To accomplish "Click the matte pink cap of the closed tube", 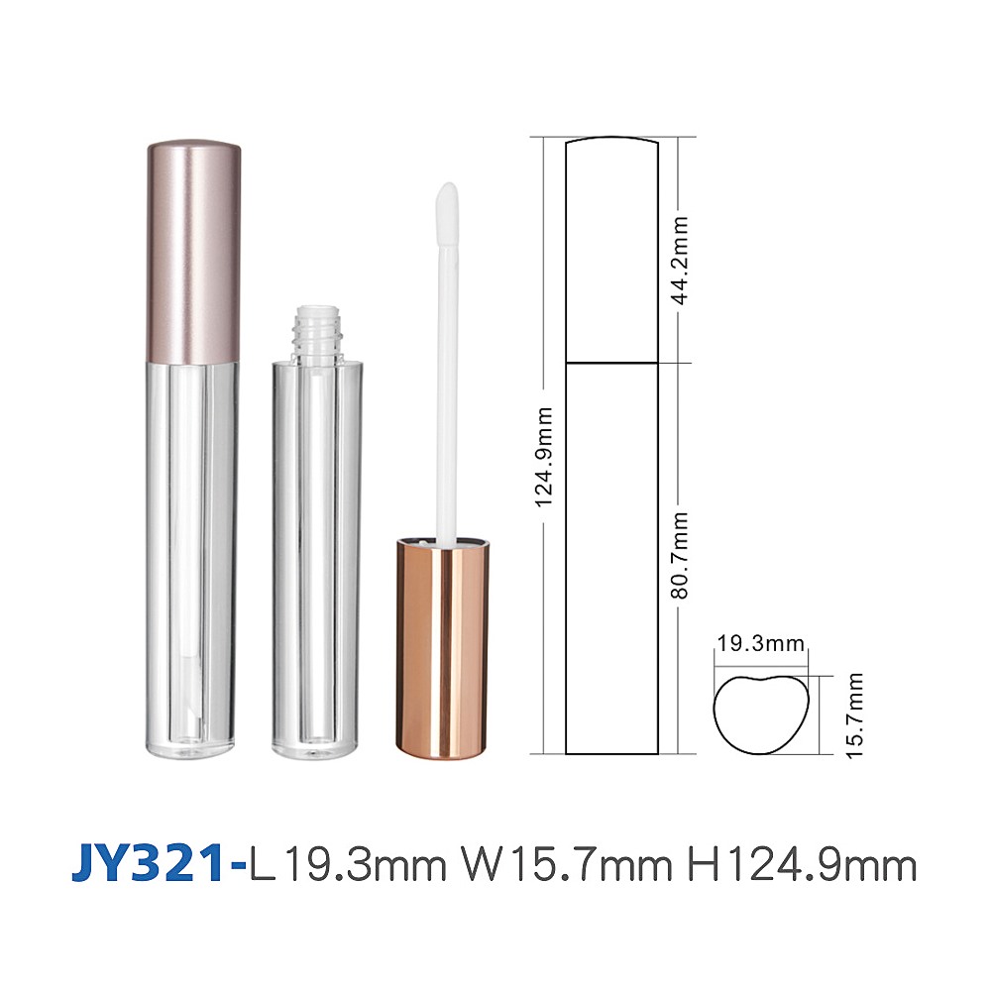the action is pos(194,253).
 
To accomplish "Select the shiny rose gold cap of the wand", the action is pos(442,648).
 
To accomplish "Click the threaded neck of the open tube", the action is pos(316,332).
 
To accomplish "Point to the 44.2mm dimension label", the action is pos(680,261).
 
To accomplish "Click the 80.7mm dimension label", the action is pos(680,556).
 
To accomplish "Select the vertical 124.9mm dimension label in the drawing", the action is pos(544,457).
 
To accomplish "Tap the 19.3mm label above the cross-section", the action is pos(761,643).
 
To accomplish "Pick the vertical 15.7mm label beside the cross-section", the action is pos(854,716).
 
